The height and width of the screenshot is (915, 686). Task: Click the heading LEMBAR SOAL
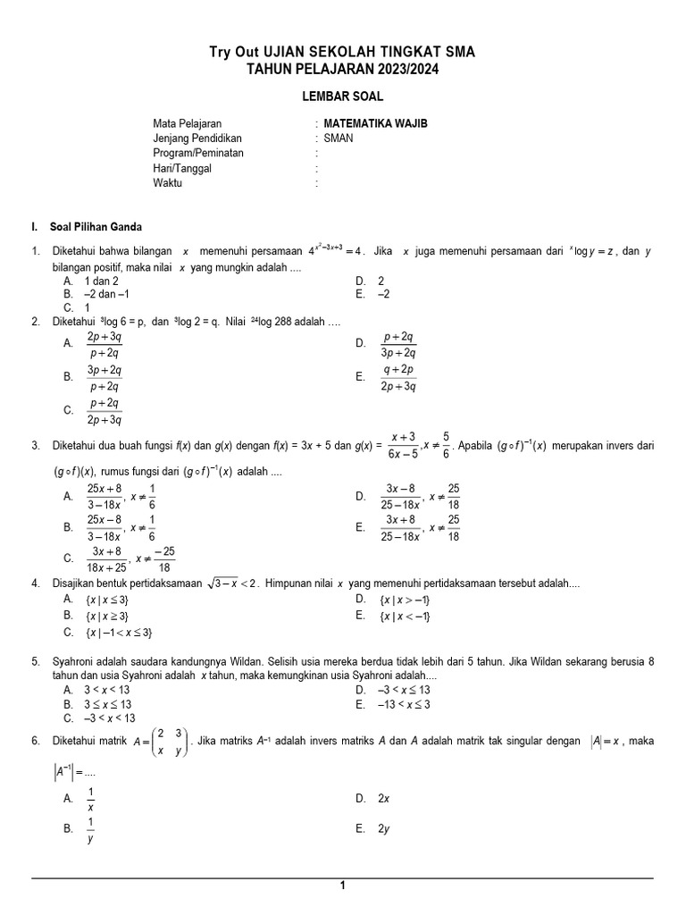pos(342,97)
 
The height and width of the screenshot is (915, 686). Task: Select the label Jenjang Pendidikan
pos(197,139)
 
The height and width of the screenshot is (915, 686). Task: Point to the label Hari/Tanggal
pos(182,168)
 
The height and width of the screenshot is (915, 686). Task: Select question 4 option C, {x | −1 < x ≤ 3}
pos(120,633)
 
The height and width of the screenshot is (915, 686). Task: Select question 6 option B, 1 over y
pos(90,829)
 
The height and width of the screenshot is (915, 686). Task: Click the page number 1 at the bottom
pos(342,886)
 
